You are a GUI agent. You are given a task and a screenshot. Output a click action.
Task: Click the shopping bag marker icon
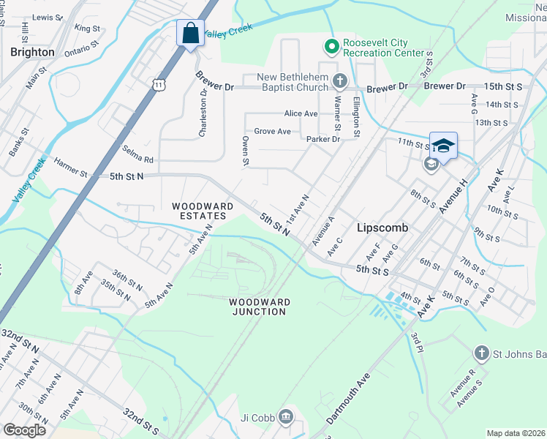(x=190, y=34)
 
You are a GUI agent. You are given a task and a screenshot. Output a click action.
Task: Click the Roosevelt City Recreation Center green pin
(x=331, y=47)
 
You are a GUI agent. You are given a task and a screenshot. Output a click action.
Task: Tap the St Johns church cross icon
(x=481, y=354)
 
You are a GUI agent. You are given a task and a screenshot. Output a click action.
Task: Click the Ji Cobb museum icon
(x=285, y=419)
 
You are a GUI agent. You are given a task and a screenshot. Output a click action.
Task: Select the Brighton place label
(x=32, y=52)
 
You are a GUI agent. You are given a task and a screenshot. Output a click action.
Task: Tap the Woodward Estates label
(x=203, y=211)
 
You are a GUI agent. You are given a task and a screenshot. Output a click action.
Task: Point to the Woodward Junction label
(x=259, y=307)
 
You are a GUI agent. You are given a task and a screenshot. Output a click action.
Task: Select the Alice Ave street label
(x=301, y=113)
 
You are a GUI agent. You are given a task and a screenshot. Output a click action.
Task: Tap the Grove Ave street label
(x=272, y=132)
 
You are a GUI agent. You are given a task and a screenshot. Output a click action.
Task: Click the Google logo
(x=24, y=430)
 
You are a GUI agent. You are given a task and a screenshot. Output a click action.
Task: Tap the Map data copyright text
(x=515, y=433)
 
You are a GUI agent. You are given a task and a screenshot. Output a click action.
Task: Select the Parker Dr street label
(x=324, y=139)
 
